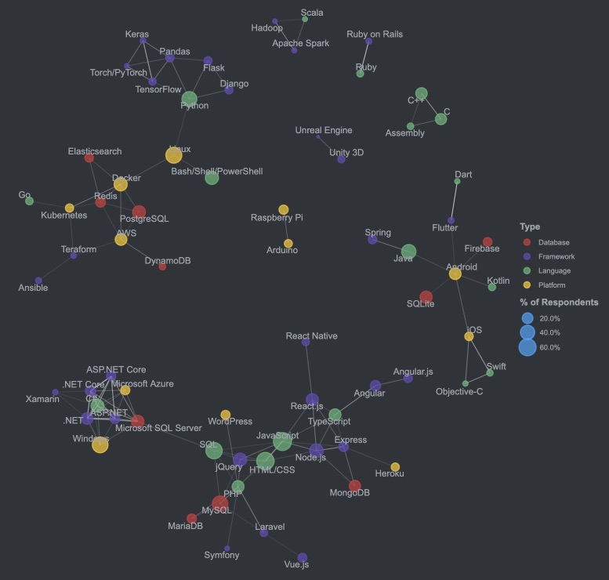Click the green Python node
click(189, 99)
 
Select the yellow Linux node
click(173, 155)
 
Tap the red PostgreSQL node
click(139, 212)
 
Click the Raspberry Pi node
click(283, 209)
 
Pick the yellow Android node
click(455, 274)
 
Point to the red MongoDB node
click(354, 486)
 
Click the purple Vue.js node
click(303, 557)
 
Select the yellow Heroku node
click(395, 467)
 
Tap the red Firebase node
click(488, 242)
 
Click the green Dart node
click(457, 181)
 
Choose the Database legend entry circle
click(527, 243)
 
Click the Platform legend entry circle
click(527, 285)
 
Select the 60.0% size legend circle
click(527, 346)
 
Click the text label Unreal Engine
click(324, 130)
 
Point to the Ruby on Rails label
click(375, 34)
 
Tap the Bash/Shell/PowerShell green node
click(212, 178)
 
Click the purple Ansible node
click(38, 280)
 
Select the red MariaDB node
click(191, 518)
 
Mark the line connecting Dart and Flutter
click(454, 201)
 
